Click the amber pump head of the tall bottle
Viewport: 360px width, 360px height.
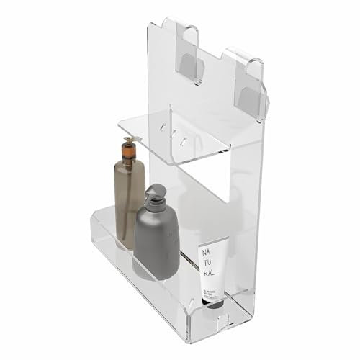coord(128,148)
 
